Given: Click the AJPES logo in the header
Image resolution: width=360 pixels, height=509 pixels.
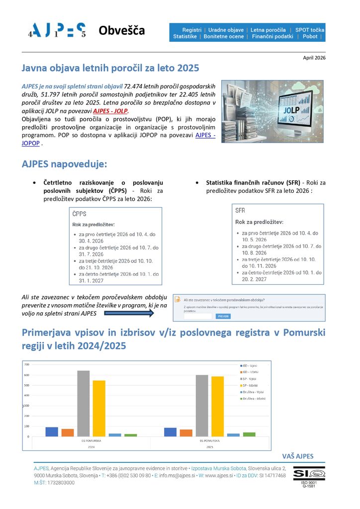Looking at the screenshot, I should (x=57, y=31).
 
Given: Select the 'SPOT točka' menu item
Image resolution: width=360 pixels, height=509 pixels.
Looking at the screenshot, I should (x=309, y=30).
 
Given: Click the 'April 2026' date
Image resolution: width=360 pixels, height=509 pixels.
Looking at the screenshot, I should (x=314, y=58).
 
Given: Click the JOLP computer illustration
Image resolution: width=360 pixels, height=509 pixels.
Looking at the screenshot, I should (x=272, y=111).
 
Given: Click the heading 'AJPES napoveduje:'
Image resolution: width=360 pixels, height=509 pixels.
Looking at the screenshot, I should (x=64, y=164).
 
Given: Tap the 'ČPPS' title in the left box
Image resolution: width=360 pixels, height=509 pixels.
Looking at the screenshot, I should (x=80, y=214).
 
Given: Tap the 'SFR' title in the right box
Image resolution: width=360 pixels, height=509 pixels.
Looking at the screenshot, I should (x=241, y=210).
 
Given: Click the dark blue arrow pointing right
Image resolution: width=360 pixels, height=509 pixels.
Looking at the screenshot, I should (x=129, y=313).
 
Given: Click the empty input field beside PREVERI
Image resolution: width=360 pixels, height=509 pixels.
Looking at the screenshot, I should (x=198, y=316).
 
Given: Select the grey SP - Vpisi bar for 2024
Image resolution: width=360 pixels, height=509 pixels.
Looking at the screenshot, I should (x=83, y=403).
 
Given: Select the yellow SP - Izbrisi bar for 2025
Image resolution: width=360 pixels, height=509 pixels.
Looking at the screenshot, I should (x=217, y=406).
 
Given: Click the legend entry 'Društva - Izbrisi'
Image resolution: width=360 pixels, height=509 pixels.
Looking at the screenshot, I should (x=254, y=399).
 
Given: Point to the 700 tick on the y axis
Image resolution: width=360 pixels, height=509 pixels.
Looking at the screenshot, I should (x=26, y=364).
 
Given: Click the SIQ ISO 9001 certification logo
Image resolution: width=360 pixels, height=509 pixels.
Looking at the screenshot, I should (x=309, y=476).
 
